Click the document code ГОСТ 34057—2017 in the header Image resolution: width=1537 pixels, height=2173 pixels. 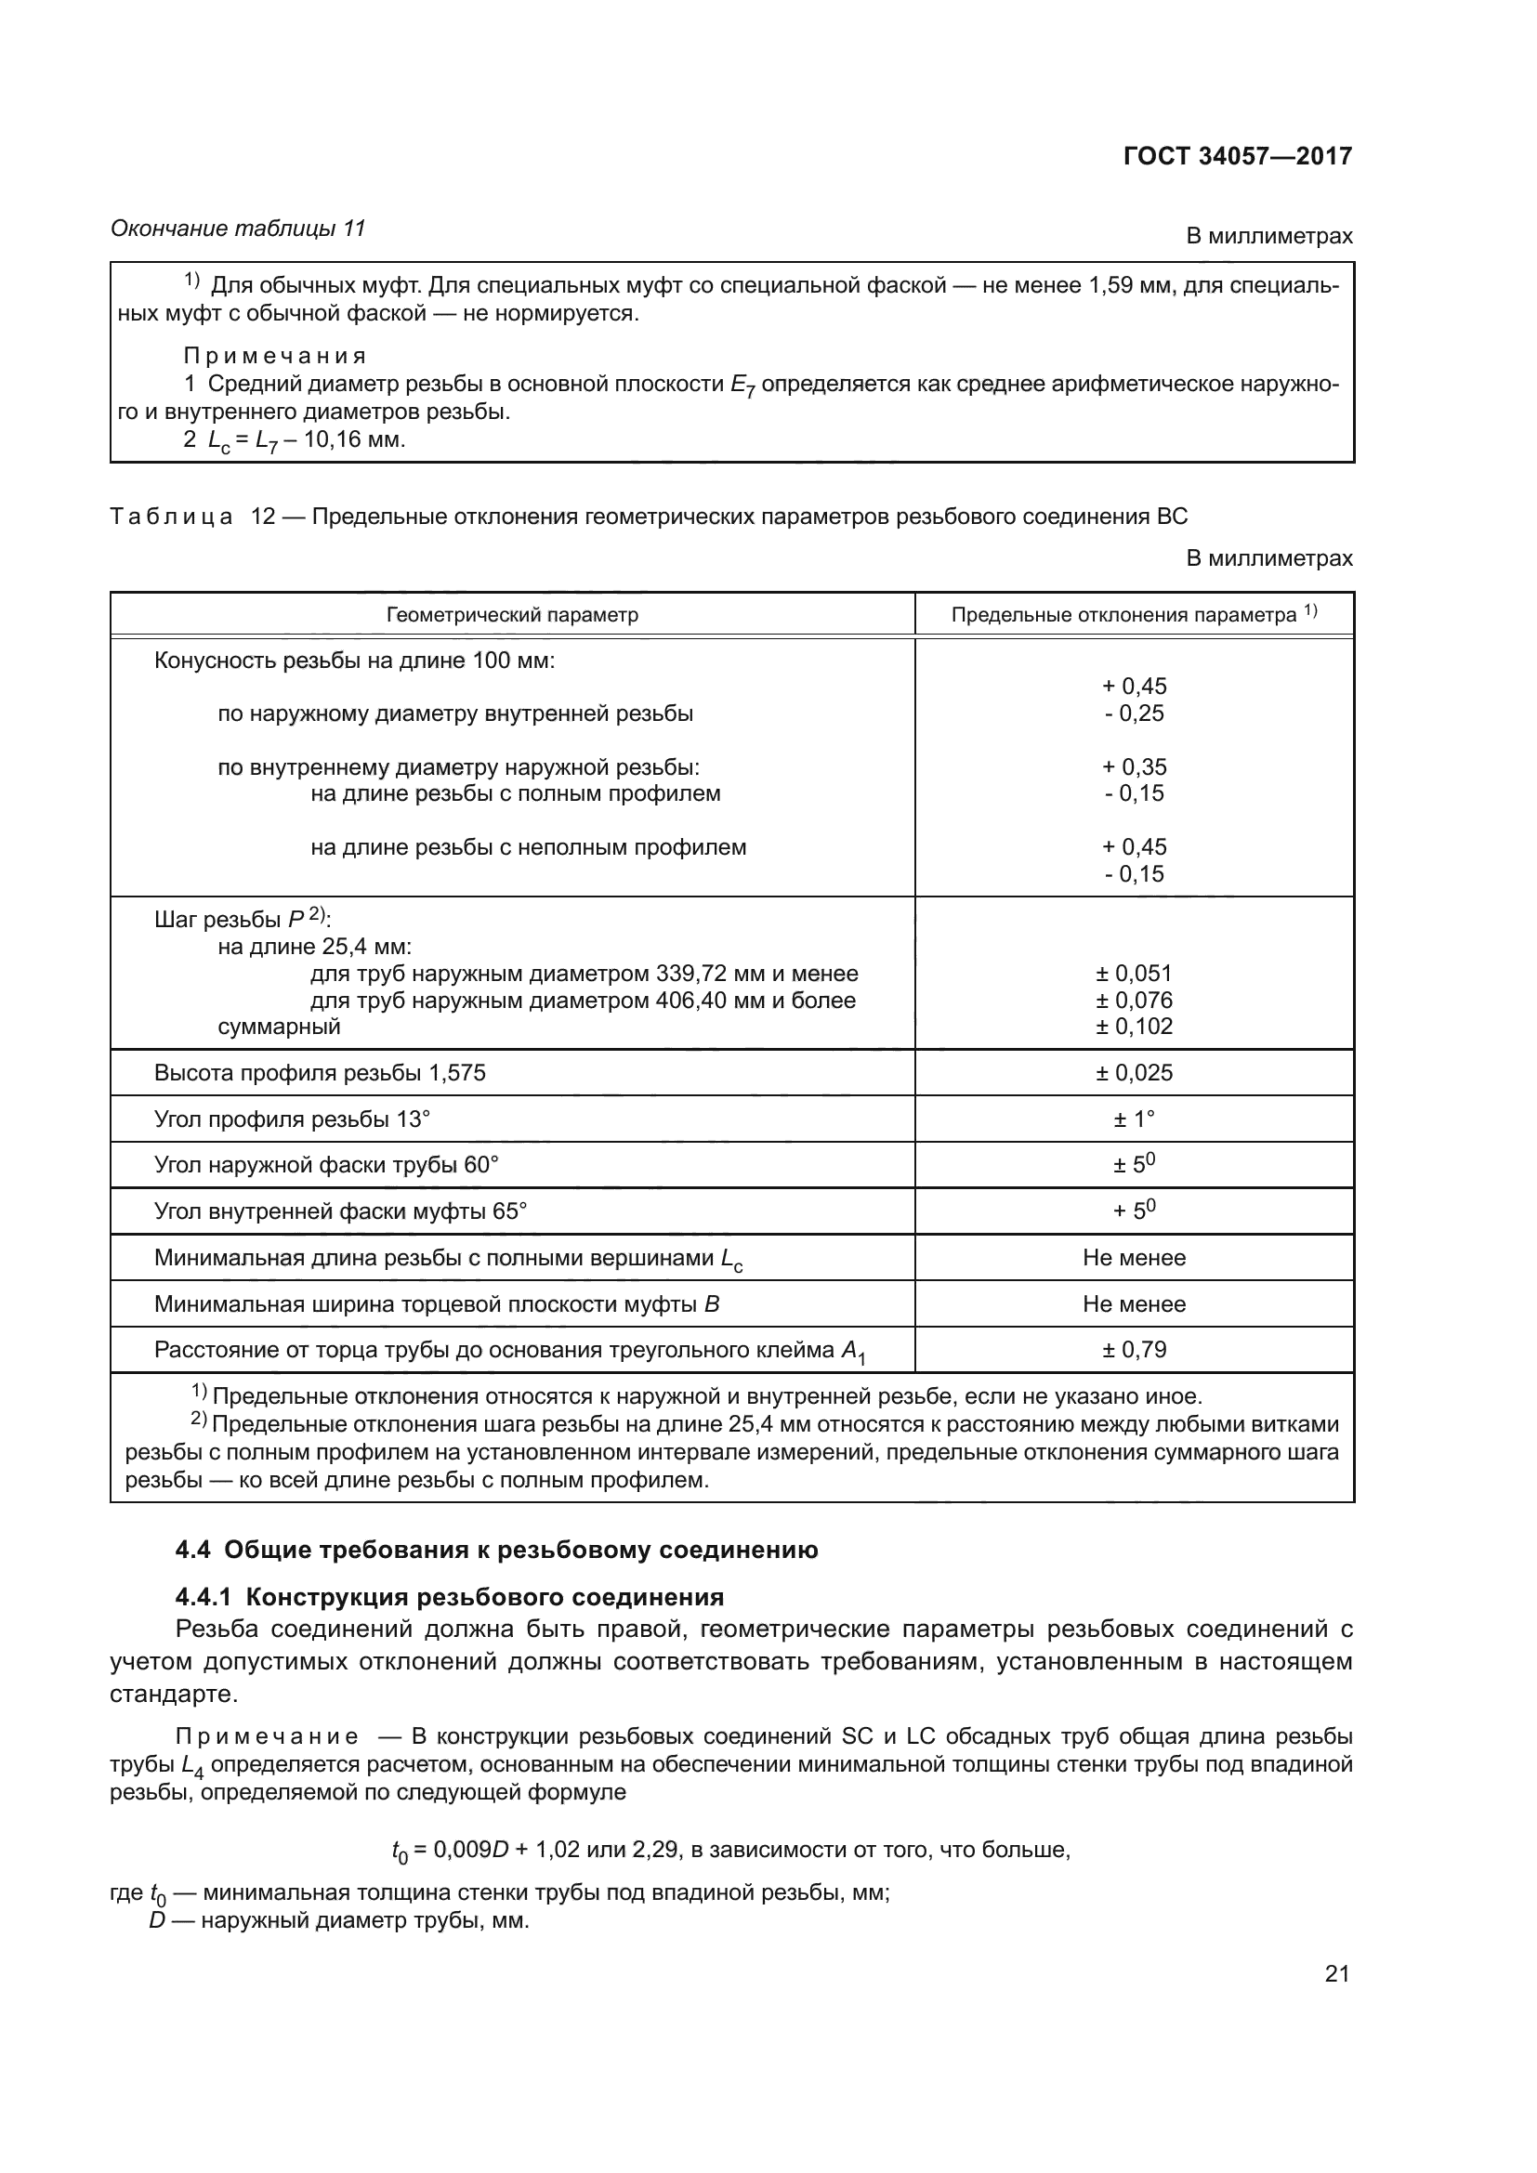(x=1237, y=156)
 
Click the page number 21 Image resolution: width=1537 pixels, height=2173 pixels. (x=1336, y=1974)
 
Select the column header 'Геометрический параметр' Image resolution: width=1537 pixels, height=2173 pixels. (x=512, y=615)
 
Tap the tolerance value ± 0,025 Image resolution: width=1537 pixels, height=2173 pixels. (x=1134, y=1072)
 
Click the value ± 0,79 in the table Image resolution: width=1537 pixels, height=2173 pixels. (x=1134, y=1350)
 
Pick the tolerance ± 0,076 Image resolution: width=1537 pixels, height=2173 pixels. (x=1134, y=1001)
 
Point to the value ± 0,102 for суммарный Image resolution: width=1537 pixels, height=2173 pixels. (x=1134, y=1027)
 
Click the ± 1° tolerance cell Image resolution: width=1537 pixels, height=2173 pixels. (x=1134, y=1119)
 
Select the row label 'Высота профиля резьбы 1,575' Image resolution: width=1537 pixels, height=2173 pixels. (x=320, y=1072)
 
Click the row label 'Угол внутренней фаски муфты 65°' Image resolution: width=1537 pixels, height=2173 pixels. (x=341, y=1211)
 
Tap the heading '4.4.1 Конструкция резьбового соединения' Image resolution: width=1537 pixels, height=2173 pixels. (x=450, y=1598)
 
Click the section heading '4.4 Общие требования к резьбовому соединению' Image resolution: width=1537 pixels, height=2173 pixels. (x=497, y=1551)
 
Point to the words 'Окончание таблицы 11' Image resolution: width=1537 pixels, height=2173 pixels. (x=238, y=229)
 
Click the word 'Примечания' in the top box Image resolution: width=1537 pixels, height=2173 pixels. (x=274, y=357)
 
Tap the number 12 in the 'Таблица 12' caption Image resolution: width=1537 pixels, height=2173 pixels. (x=262, y=517)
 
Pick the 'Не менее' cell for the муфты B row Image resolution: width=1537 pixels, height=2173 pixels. (x=1134, y=1304)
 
